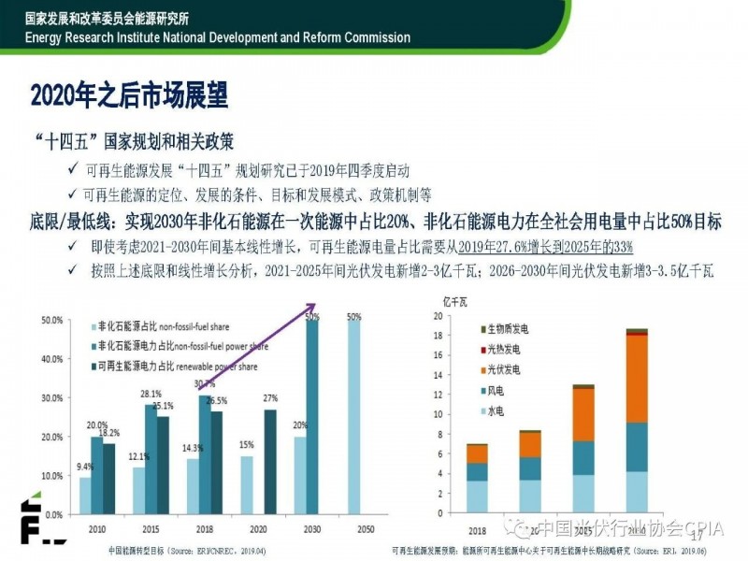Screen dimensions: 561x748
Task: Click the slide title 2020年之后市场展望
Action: tap(129, 96)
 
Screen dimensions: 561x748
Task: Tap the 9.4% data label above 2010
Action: tap(84, 467)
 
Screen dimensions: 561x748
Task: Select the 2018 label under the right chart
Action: tap(477, 529)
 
